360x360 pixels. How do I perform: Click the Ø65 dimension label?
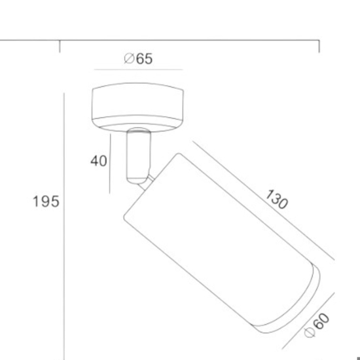[138, 59]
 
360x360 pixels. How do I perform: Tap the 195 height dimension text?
[46, 202]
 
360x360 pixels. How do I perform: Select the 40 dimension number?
[99, 161]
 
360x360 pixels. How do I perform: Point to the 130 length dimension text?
[276, 199]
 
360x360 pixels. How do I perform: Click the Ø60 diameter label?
[317, 325]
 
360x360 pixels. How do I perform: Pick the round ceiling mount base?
[137, 107]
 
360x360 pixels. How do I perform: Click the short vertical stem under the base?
[139, 156]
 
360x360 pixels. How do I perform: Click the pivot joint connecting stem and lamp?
[147, 183]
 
